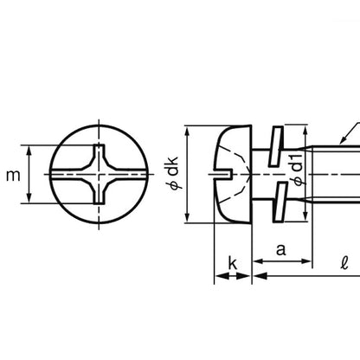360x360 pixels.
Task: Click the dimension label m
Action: [x=12, y=176]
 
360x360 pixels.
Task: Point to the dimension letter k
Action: [x=233, y=260]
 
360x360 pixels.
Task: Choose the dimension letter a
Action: [x=280, y=249]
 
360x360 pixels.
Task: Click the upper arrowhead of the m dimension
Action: [x=32, y=148]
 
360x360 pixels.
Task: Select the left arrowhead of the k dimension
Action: [x=216, y=277]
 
